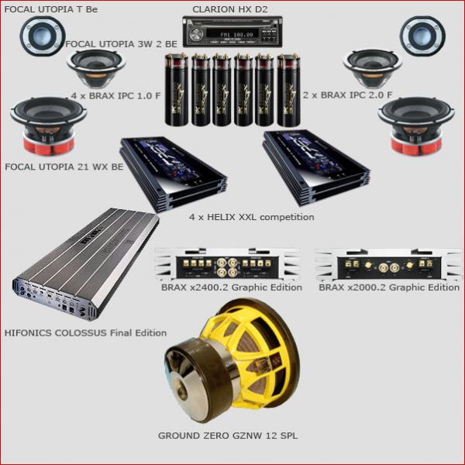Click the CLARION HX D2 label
(230, 9)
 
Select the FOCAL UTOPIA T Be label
(51, 9)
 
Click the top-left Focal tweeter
(43, 36)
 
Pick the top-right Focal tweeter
(422, 36)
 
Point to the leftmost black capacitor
(177, 89)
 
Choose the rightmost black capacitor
(289, 90)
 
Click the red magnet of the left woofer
(49, 144)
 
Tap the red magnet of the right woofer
(416, 144)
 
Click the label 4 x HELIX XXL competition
(251, 217)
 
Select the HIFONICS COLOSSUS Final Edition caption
(85, 332)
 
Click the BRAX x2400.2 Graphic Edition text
(232, 288)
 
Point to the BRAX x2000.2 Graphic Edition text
(389, 288)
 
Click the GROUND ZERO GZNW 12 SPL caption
(227, 436)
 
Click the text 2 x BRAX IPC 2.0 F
(347, 95)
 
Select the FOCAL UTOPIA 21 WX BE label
(64, 167)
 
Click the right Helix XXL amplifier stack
(316, 167)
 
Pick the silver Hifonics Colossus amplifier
(86, 264)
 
